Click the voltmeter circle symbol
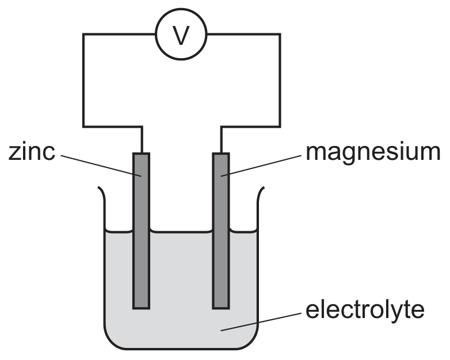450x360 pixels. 181,9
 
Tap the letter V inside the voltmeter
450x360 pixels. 181,35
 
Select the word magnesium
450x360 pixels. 373,153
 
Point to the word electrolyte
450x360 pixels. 365,311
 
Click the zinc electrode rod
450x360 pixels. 141,231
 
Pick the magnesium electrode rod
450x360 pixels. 221,231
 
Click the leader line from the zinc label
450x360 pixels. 101,166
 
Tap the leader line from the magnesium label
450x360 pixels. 261,166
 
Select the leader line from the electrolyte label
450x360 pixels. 261,322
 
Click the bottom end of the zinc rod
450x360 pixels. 141,309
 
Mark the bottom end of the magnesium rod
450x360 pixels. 221,309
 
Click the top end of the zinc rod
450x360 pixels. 141,154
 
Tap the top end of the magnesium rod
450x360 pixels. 221,154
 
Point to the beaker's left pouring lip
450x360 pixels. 102,192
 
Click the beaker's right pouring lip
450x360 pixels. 261,192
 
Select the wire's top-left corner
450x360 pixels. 83,34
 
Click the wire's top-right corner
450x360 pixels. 280,34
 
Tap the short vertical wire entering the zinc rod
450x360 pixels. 142,139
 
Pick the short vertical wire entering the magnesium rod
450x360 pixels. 222,139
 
